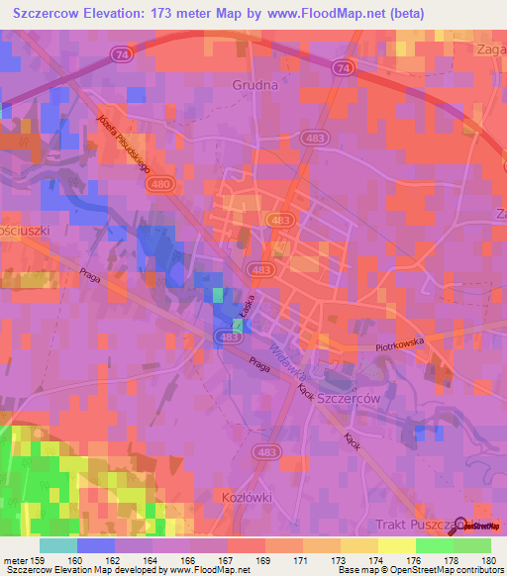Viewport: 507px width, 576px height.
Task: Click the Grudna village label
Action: pyautogui.click(x=254, y=85)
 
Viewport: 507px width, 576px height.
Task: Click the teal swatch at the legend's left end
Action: pyautogui.click(x=57, y=545)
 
